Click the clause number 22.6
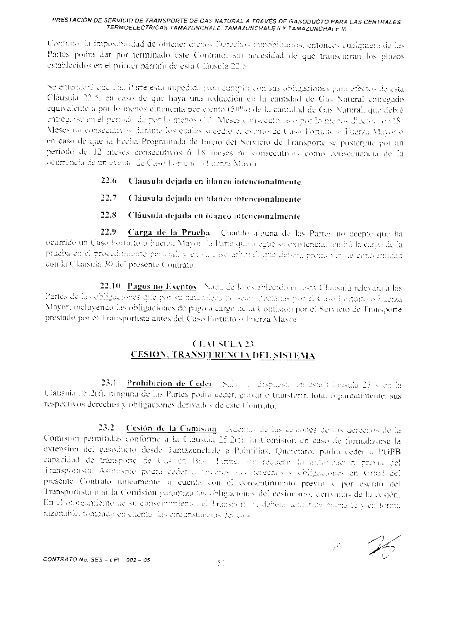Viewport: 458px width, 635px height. tap(109, 181)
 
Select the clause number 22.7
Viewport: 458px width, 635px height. tap(109, 198)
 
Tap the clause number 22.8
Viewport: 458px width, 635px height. tap(109, 216)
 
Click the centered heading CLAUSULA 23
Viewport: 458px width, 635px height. tap(224, 344)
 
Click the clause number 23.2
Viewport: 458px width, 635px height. tap(106, 428)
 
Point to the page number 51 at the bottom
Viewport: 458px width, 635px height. tap(222, 561)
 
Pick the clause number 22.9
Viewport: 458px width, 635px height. tap(109, 233)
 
